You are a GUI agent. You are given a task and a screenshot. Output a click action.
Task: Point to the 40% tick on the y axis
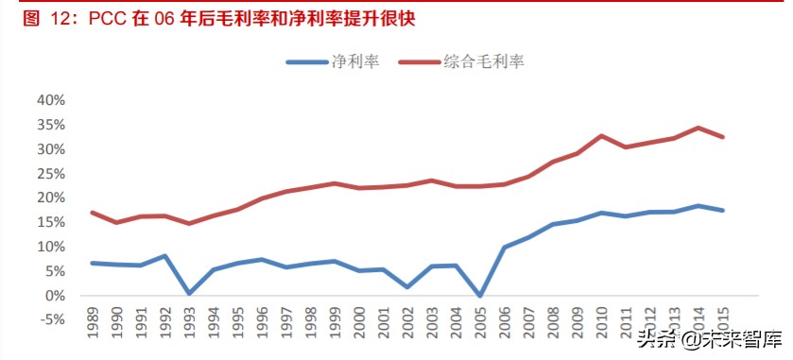50,100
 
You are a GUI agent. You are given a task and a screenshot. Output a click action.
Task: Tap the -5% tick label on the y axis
50,320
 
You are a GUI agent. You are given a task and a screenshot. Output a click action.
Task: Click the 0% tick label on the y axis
54,296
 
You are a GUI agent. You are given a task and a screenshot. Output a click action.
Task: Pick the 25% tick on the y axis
50,174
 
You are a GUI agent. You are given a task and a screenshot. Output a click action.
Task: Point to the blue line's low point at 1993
190,293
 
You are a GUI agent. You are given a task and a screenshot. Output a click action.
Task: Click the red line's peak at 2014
698,128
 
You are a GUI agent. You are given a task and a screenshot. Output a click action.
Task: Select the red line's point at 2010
600,136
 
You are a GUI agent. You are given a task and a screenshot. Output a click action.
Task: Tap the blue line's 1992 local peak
165,256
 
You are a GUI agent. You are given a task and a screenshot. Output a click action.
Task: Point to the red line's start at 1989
92,213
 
